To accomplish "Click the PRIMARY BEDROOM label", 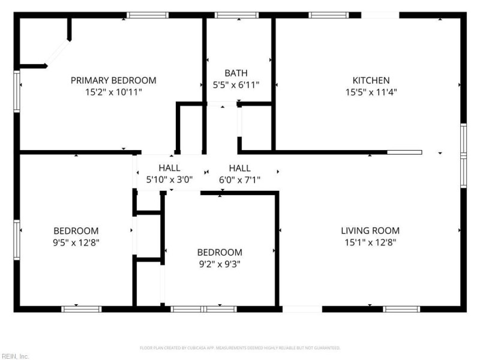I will click(113, 80).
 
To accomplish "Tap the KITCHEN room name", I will click(371, 80).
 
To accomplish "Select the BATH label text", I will click(236, 73).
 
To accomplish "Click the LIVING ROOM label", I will click(370, 230).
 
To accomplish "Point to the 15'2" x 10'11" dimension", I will click(113, 92).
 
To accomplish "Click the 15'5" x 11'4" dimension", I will click(371, 92).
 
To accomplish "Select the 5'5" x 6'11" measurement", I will click(236, 85).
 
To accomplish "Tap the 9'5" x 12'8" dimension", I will click(76, 242).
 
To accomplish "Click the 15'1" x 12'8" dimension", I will click(370, 242).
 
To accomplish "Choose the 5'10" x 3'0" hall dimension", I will click(169, 179).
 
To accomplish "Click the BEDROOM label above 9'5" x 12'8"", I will click(76, 230).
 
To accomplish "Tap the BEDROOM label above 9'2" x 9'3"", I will click(220, 252).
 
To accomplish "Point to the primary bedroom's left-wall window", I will click(17, 91).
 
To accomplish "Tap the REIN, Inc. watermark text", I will click(14, 356).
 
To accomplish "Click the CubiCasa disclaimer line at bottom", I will click(240, 348).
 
